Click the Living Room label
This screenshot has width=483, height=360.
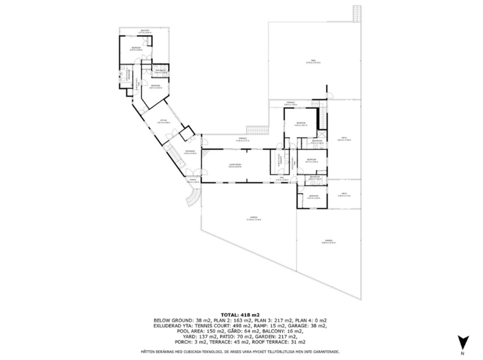(x=234, y=166)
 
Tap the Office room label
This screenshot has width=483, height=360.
(x=163, y=122)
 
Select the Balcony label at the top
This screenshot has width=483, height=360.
(x=145, y=31)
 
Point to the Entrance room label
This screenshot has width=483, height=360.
(x=190, y=152)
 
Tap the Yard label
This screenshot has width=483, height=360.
(x=312, y=62)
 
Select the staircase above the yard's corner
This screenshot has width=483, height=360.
(x=356, y=13)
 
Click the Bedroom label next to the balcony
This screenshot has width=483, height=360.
(x=136, y=47)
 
